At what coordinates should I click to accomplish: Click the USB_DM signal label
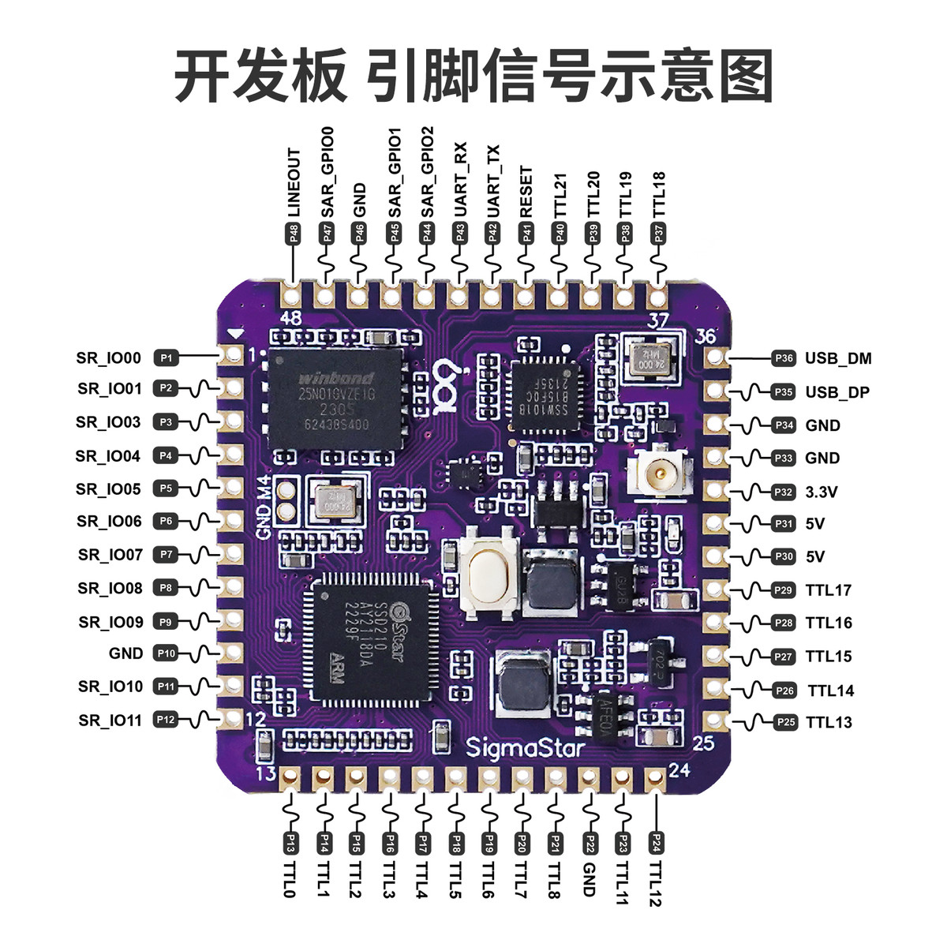pyautogui.click(x=837, y=358)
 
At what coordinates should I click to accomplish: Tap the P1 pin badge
pyautogui.click(x=166, y=358)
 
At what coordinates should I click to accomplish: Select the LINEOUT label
pyautogui.click(x=294, y=182)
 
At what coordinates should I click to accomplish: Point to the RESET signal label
pyautogui.click(x=526, y=192)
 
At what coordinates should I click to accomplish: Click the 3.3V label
pyautogui.click(x=821, y=492)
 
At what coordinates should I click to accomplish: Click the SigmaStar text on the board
pyautogui.click(x=525, y=747)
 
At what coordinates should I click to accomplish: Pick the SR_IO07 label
pyautogui.click(x=110, y=555)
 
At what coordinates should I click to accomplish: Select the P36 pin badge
pyautogui.click(x=784, y=358)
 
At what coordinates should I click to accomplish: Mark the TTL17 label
pyautogui.click(x=828, y=590)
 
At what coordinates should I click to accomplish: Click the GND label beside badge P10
pyautogui.click(x=126, y=653)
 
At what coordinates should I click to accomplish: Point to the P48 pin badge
pyautogui.click(x=294, y=234)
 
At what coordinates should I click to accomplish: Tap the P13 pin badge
pyautogui.click(x=290, y=843)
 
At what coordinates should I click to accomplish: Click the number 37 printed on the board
pyautogui.click(x=657, y=320)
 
